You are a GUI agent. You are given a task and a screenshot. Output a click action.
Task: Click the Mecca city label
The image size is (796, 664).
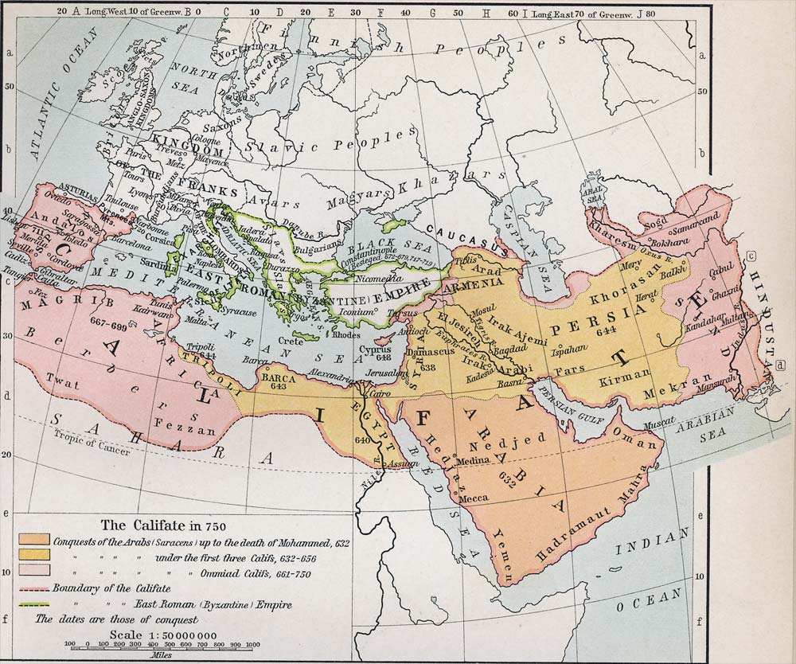[474, 498]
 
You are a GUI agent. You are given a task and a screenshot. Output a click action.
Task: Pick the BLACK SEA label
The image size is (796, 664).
[381, 247]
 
